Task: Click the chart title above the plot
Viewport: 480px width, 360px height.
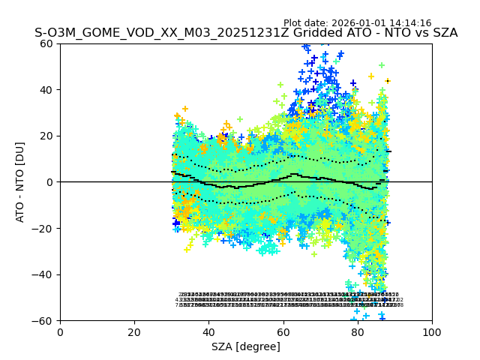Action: (246, 33)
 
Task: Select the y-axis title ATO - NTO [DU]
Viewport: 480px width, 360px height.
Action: (20, 182)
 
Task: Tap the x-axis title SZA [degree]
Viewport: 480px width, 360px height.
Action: (246, 346)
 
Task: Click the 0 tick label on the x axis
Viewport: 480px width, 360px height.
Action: (60, 331)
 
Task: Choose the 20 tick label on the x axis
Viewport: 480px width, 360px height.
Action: (134, 331)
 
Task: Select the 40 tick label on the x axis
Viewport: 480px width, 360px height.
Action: (208, 331)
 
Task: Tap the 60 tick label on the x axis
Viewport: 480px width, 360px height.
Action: (283, 331)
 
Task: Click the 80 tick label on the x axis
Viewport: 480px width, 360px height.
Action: (357, 331)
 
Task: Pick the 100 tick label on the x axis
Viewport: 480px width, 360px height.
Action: (432, 331)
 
